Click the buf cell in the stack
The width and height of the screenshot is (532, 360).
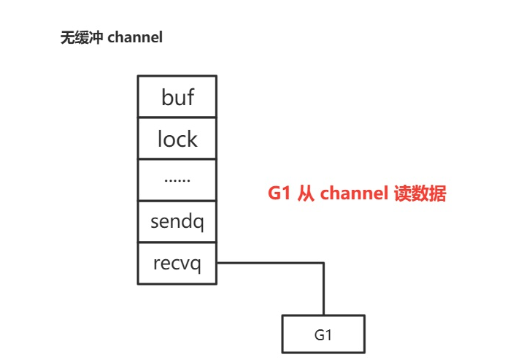click(x=177, y=96)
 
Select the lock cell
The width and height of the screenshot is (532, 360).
click(x=177, y=138)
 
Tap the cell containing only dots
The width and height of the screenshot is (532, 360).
click(x=177, y=180)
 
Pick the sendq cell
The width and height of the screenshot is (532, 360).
click(x=177, y=221)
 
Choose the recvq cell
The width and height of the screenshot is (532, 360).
click(x=177, y=263)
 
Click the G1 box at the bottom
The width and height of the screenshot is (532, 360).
click(x=323, y=335)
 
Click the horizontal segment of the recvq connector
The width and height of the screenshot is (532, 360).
click(x=270, y=263)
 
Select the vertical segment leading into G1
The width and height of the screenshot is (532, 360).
click(x=323, y=289)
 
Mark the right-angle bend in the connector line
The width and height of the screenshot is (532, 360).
click(x=323, y=263)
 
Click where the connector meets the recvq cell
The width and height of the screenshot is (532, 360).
click(x=217, y=263)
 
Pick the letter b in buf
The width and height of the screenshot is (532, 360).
click(x=166, y=96)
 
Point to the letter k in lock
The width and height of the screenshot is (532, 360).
click(x=192, y=138)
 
